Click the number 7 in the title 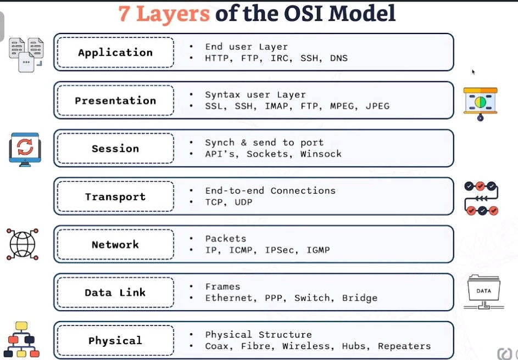(x=124, y=14)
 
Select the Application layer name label (x=115, y=53)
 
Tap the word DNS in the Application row (x=339, y=58)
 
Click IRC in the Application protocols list (x=280, y=58)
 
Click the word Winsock (x=321, y=154)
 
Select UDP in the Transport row (x=243, y=202)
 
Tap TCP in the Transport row (x=214, y=202)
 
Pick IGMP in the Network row (x=318, y=250)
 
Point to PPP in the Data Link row (x=274, y=298)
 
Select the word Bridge (x=360, y=298)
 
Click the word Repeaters (x=404, y=346)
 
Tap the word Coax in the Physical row (x=217, y=346)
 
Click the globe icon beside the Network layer (x=23, y=244)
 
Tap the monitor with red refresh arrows (x=25, y=148)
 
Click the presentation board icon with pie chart (x=480, y=103)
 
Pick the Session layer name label (x=115, y=149)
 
